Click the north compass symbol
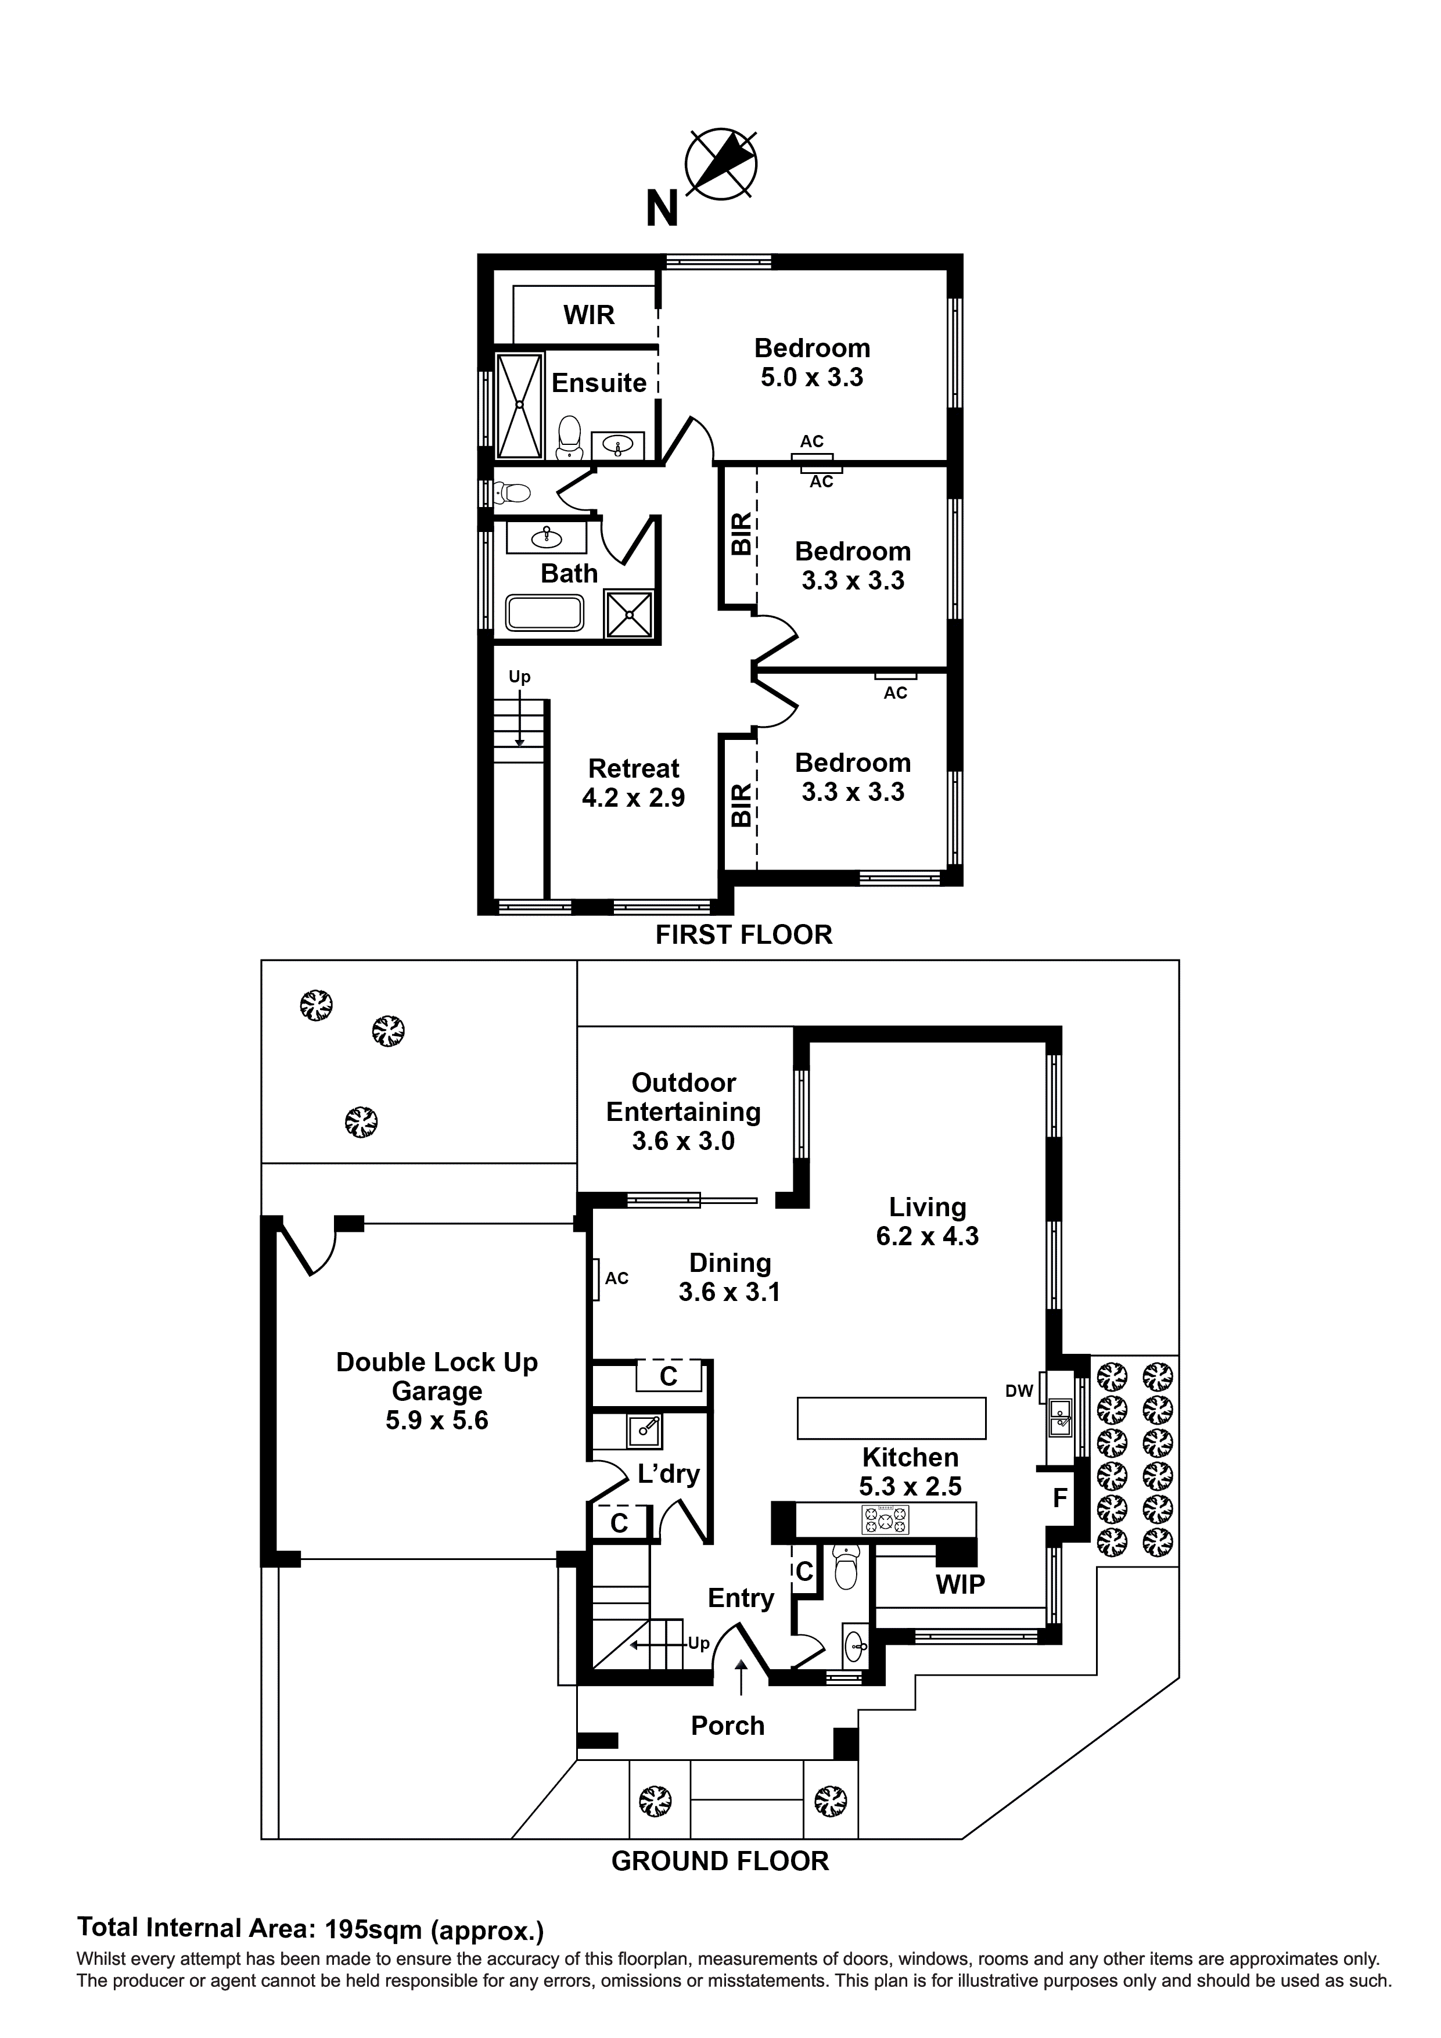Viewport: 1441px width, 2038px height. point(720,163)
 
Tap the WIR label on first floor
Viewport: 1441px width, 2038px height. point(588,315)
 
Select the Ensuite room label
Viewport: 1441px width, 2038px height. point(599,383)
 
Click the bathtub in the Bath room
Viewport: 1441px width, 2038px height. point(544,613)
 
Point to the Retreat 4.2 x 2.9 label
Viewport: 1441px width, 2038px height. point(633,783)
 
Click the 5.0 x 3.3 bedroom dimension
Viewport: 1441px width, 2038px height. point(811,378)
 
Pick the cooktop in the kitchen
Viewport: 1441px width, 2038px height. point(885,1519)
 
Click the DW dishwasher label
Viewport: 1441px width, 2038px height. point(1019,1391)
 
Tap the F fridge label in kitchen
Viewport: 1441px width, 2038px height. point(1059,1498)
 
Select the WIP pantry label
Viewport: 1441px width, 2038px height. point(960,1584)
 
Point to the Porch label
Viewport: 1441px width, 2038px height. point(727,1726)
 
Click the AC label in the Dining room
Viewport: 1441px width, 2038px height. point(616,1278)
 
